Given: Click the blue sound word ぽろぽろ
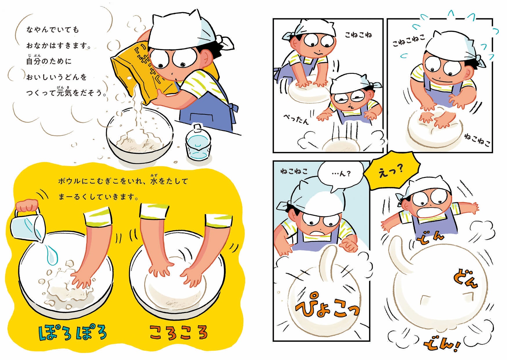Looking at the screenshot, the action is (x=73, y=333).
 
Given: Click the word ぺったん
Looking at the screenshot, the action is (x=296, y=118).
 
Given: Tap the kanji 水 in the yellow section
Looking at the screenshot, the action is (x=154, y=181).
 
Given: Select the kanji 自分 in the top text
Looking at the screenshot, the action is (x=33, y=61).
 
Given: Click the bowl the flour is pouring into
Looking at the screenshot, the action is (x=140, y=135).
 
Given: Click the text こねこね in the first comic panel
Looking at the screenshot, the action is (x=358, y=35).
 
